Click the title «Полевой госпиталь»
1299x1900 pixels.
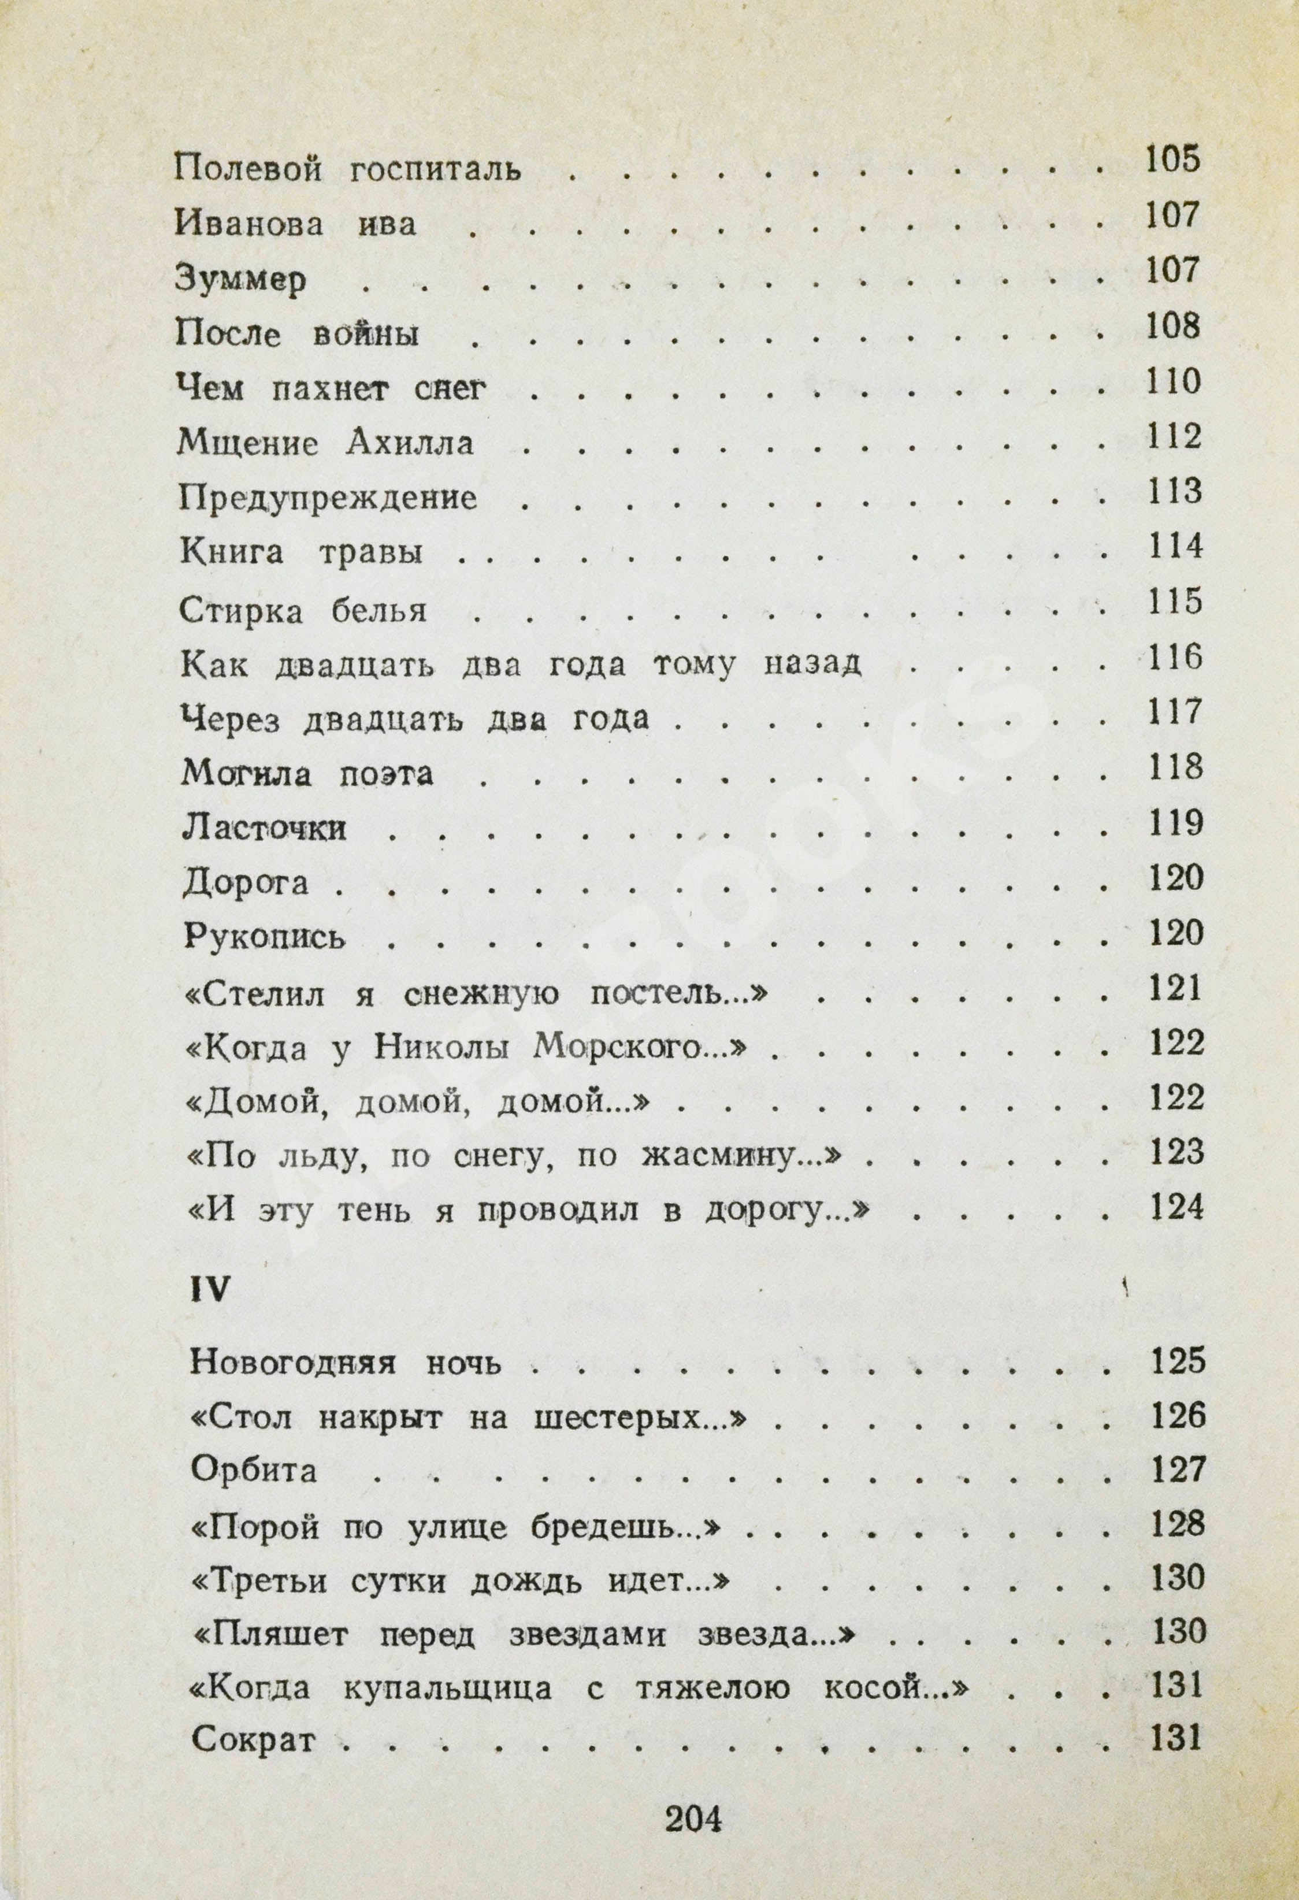coord(347,169)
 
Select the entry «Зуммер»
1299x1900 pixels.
coord(240,280)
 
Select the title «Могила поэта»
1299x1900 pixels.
coord(307,773)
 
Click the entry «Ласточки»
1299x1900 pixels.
coord(265,828)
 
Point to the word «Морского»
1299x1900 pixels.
coord(619,1047)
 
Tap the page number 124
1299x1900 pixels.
coord(1176,1207)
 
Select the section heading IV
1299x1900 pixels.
coord(210,1290)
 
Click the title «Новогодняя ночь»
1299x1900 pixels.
coord(345,1363)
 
